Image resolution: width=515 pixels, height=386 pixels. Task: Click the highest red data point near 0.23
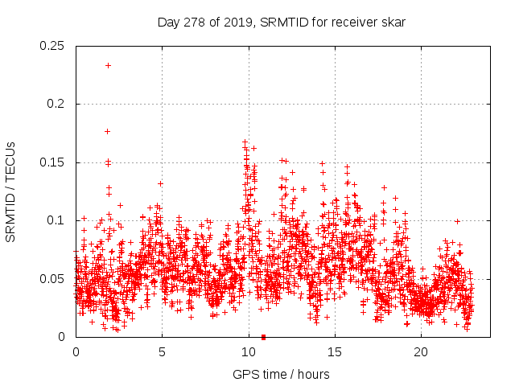tap(108, 65)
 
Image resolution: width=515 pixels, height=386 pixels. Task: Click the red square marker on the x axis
tap(264, 337)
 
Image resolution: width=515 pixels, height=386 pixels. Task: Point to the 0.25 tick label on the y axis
tap(53, 46)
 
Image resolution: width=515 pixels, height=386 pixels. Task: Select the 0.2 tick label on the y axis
tap(56, 105)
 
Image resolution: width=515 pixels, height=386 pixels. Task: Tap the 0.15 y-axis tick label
tap(53, 162)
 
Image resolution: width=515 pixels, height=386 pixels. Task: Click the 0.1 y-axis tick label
tap(56, 220)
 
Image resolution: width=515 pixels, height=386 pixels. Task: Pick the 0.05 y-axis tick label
tap(53, 279)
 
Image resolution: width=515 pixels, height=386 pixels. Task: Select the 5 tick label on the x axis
tap(162, 352)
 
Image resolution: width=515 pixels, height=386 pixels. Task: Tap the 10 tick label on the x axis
tap(248, 352)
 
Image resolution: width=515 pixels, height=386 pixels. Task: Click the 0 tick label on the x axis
tap(76, 352)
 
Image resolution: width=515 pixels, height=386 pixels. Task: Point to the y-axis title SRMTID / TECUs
tap(11, 191)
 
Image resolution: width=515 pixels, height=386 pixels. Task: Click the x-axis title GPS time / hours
tap(281, 374)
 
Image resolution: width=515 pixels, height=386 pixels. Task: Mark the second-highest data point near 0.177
tap(107, 131)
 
